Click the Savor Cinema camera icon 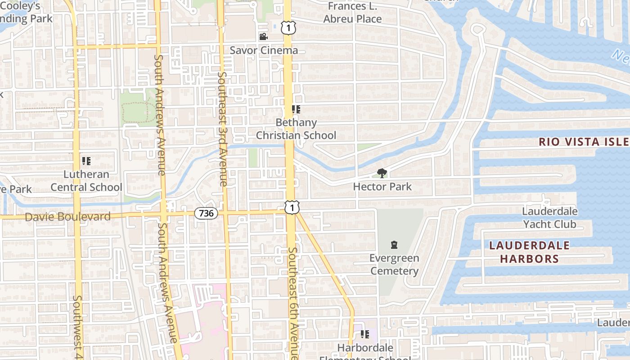[263, 36]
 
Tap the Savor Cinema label [264, 50]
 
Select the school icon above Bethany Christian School [296, 109]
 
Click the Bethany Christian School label [296, 129]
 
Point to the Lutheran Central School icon [86, 161]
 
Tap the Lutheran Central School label [86, 181]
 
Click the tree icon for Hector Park [382, 173]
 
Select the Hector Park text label [382, 186]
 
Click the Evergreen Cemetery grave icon [394, 245]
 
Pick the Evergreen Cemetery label [394, 265]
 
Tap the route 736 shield [206, 213]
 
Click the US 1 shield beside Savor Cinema [288, 28]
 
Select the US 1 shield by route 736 [292, 207]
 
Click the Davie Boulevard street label [67, 217]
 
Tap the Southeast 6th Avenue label [293, 301]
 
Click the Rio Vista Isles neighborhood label [584, 142]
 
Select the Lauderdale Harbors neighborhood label [529, 252]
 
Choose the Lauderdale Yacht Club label [549, 217]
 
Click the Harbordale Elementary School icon [364, 334]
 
